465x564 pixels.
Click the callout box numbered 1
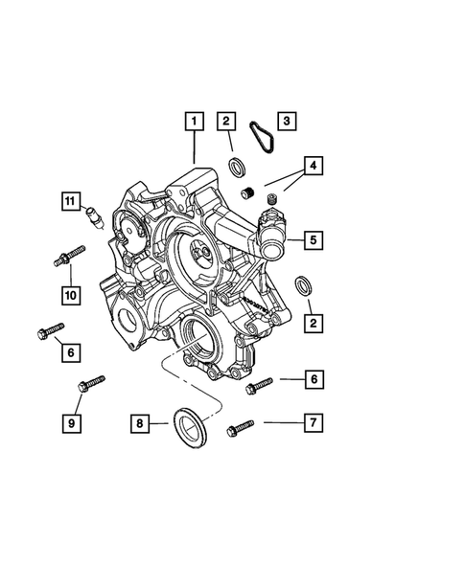pos(194,122)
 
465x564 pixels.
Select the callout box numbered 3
pos(287,121)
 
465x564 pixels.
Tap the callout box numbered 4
pos(313,166)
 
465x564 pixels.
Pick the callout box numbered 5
pos(313,240)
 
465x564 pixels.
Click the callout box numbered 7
pos(313,422)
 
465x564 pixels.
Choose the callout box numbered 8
pos(140,423)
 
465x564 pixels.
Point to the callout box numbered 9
pos(71,423)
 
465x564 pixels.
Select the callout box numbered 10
pos(71,295)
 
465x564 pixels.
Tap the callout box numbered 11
pos(71,201)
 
